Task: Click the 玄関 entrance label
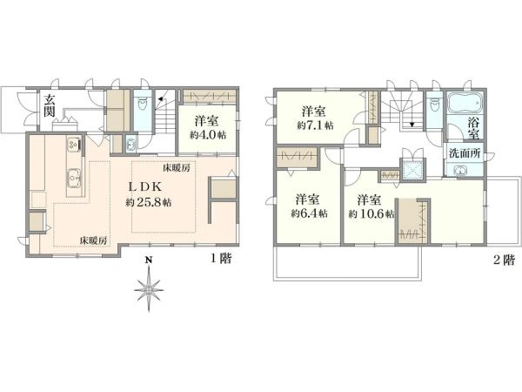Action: coord(50,105)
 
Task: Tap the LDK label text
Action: coord(144,186)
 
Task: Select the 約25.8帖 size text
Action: coord(149,202)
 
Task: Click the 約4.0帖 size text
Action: coord(208,135)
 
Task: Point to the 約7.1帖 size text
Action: coord(315,125)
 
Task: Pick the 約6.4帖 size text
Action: coord(309,213)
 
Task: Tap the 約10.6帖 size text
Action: coord(371,213)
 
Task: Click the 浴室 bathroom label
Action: coord(474,129)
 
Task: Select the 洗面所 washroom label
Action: coord(465,153)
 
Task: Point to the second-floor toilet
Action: coord(434,106)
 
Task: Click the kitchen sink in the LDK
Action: coord(74,177)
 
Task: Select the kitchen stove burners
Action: coord(73,144)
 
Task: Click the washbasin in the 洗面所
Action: coord(461,171)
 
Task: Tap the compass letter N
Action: coord(149,260)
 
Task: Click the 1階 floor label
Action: coord(221,258)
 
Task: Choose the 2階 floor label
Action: coord(504,260)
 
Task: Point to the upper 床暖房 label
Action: coord(176,167)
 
